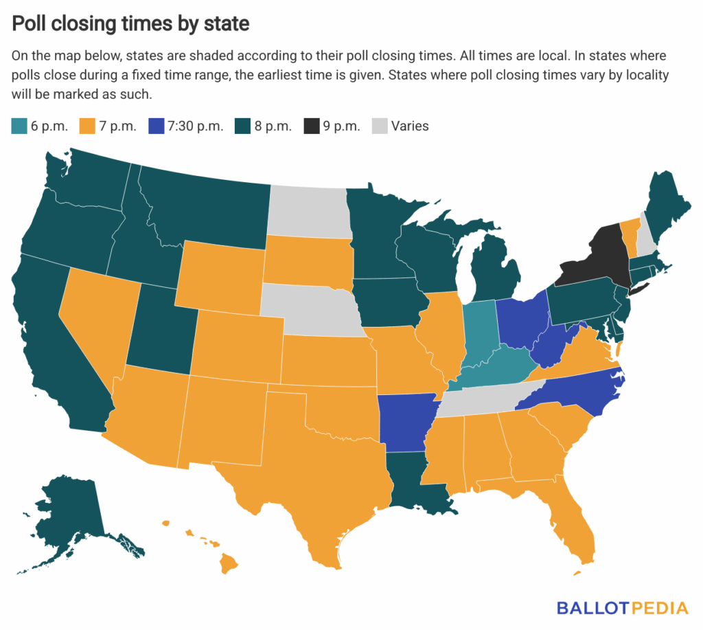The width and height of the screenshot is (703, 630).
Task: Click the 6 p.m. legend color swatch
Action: (19, 126)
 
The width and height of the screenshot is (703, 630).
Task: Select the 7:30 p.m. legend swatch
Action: (157, 126)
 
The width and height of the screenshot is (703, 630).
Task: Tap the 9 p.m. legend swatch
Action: (310, 126)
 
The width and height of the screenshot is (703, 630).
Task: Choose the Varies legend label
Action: (410, 126)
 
